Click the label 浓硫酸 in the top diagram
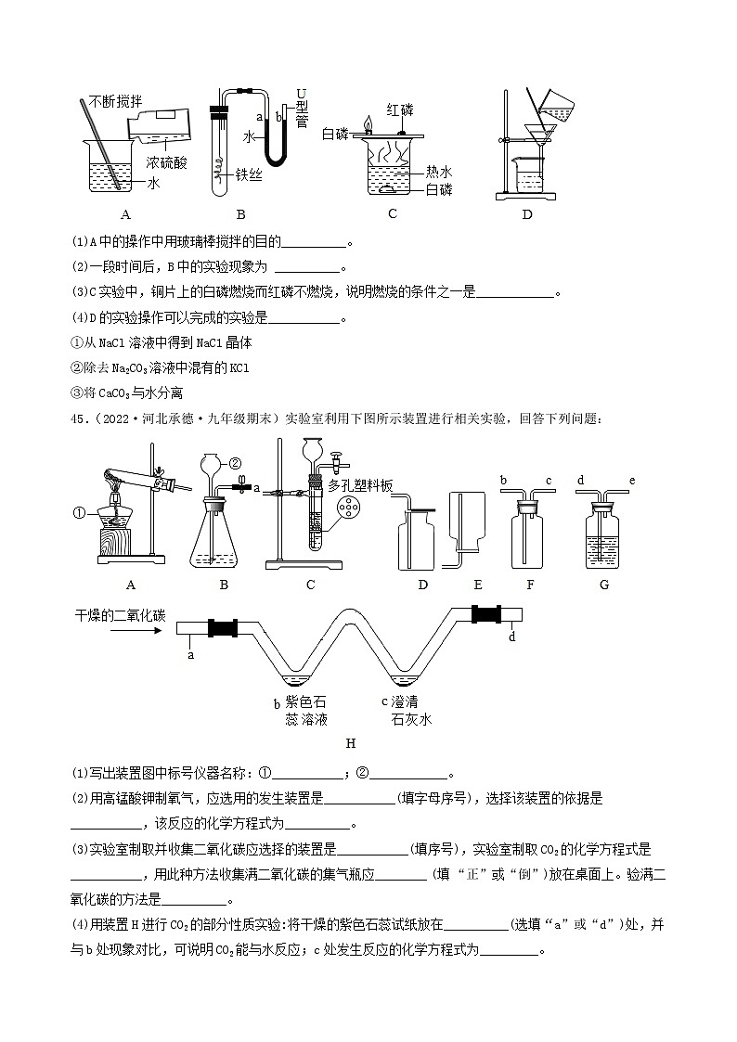coord(167,162)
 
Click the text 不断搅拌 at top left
coord(117,101)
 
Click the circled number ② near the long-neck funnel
coord(234,462)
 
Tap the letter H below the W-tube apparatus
coord(350,743)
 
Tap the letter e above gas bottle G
coord(631,480)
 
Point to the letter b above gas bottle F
coord(502,480)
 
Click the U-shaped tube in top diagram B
coord(276,139)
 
